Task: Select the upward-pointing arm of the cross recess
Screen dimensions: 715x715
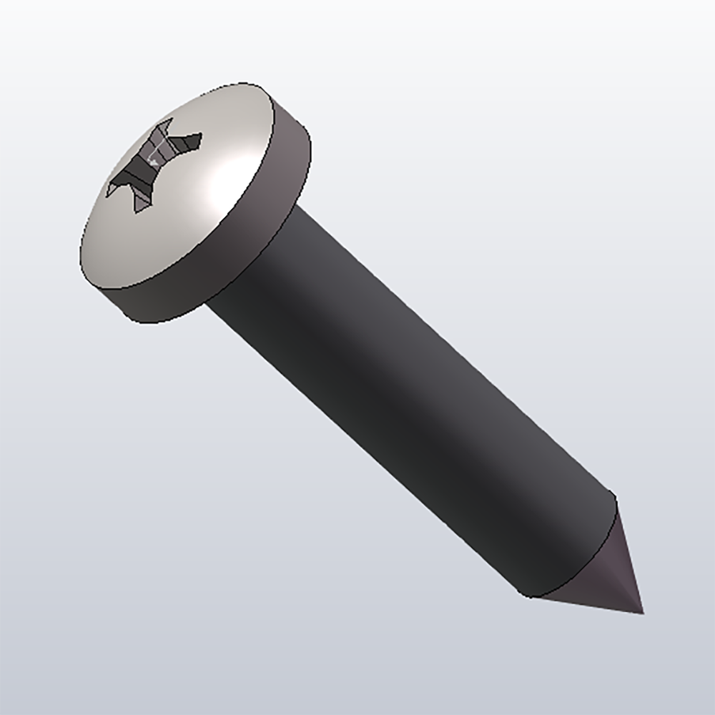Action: tap(164, 132)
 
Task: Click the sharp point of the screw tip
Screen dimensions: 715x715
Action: tap(643, 613)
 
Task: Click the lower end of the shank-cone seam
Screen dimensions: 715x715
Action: tap(529, 596)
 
